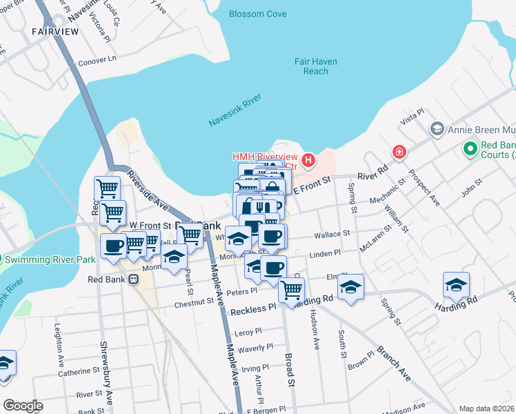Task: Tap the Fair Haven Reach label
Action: pos(315,66)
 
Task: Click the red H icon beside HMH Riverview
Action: pos(308,161)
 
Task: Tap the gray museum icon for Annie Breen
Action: pos(436,129)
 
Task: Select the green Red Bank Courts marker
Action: pos(470,148)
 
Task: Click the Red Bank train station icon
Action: pos(134,279)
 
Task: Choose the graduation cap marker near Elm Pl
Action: pos(350,287)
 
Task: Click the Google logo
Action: pos(23,406)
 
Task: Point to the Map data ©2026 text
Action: pos(486,408)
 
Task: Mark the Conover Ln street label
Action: pos(97,59)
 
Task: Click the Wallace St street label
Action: pos(333,235)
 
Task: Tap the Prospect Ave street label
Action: pos(424,188)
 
